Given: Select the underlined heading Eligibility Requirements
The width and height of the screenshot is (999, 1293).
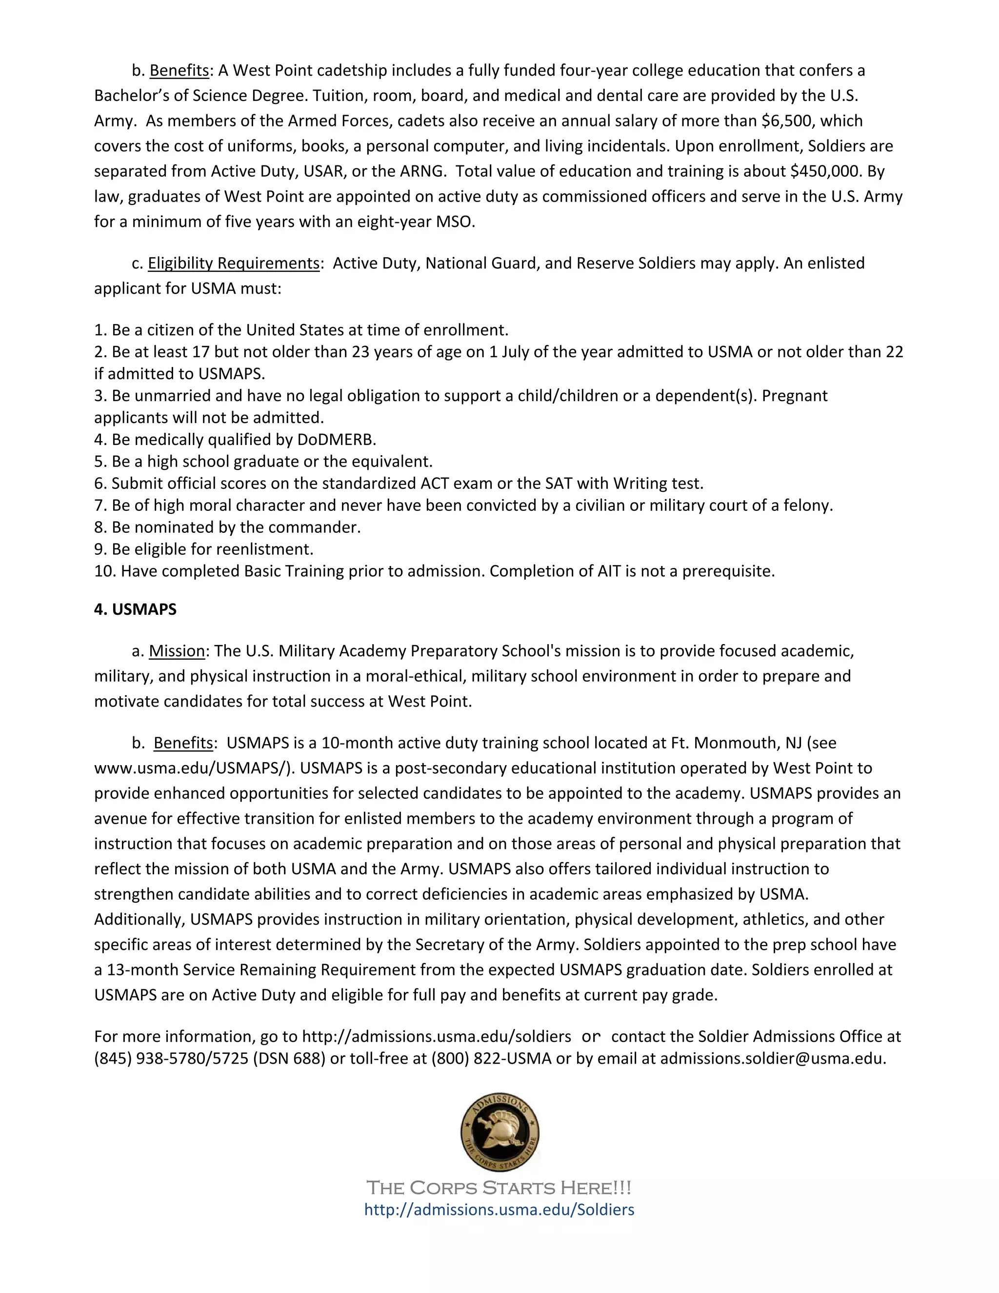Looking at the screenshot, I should coord(233,263).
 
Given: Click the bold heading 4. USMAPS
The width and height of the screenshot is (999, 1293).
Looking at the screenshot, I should coord(135,609).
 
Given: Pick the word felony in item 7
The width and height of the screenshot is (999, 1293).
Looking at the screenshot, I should coord(807,505).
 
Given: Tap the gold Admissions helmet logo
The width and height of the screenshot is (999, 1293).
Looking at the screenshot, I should coord(499,1132).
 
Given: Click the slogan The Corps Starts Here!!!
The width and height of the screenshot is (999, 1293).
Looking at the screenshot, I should coord(499,1188).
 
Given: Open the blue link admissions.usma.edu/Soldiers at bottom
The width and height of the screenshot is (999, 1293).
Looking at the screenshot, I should coord(499,1210).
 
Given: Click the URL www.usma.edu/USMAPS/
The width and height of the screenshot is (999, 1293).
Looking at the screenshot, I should coord(194,768).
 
